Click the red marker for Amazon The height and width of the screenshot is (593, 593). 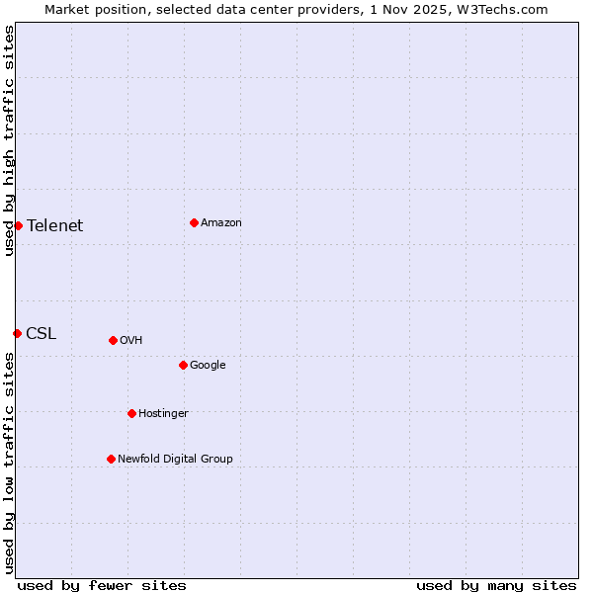[194, 222]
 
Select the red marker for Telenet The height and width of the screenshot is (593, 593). [18, 225]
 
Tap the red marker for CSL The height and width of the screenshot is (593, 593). [17, 333]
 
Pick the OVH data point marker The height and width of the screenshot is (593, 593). [113, 340]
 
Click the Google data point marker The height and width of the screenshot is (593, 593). [183, 365]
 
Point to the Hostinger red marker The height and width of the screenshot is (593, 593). [131, 413]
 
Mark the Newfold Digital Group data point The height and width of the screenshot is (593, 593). [111, 459]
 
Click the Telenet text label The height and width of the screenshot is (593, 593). [55, 225]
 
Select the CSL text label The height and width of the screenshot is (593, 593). [42, 333]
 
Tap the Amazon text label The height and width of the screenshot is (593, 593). [221, 222]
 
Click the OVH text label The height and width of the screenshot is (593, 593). [131, 340]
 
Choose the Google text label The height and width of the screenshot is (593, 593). [208, 365]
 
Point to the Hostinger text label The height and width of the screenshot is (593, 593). [163, 413]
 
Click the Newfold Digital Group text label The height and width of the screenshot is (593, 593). [175, 459]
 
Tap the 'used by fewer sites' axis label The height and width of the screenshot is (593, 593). [102, 585]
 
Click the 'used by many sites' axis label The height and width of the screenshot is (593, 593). [496, 585]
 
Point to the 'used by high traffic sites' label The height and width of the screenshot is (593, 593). [9, 140]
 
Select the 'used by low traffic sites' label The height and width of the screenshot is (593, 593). [9, 463]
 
